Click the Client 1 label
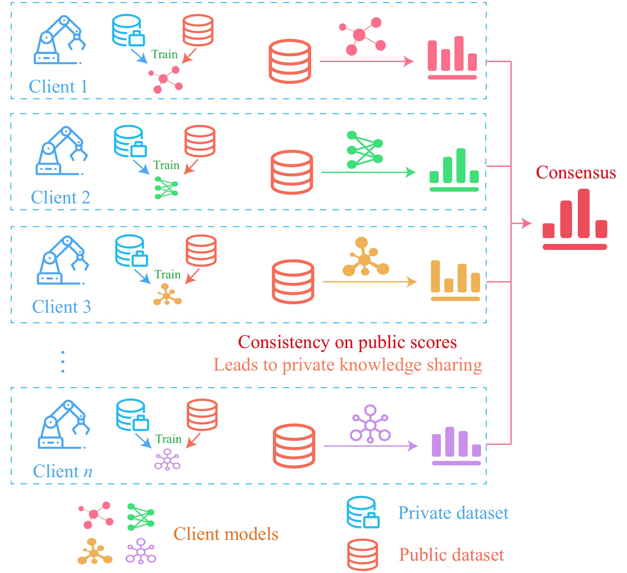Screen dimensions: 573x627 (x=58, y=86)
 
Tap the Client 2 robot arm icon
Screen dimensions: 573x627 (x=62, y=151)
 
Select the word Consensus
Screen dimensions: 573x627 (x=576, y=172)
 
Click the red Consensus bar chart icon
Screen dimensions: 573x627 (x=575, y=219)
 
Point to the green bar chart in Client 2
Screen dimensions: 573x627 (x=454, y=170)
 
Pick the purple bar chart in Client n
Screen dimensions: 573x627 (x=456, y=446)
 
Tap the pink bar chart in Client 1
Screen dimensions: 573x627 (x=452, y=58)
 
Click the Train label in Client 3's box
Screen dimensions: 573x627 (x=167, y=275)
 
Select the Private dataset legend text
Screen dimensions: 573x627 (x=453, y=513)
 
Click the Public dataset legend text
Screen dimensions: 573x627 (x=451, y=555)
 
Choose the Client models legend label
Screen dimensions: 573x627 (x=226, y=534)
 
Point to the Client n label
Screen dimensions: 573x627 (x=62, y=471)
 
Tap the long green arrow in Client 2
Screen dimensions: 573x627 (x=368, y=172)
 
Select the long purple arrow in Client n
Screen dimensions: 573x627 (x=370, y=446)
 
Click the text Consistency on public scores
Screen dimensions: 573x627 (x=347, y=342)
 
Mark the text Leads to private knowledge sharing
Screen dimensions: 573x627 (x=347, y=365)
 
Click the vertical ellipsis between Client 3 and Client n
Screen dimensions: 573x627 (x=63, y=362)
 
